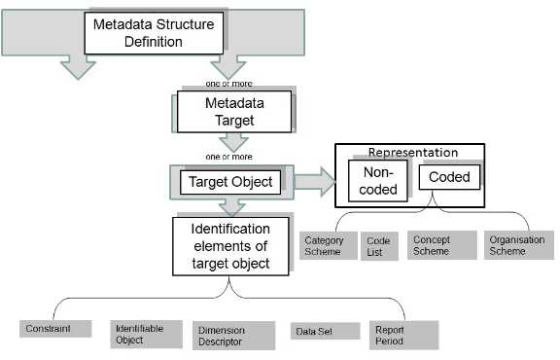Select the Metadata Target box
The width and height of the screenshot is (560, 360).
[234, 111]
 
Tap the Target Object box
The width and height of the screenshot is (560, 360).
[229, 181]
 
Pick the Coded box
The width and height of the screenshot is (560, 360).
[449, 177]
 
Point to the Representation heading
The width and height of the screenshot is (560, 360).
[412, 153]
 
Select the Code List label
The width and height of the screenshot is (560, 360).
[377, 245]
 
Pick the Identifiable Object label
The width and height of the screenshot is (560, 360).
[138, 334]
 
